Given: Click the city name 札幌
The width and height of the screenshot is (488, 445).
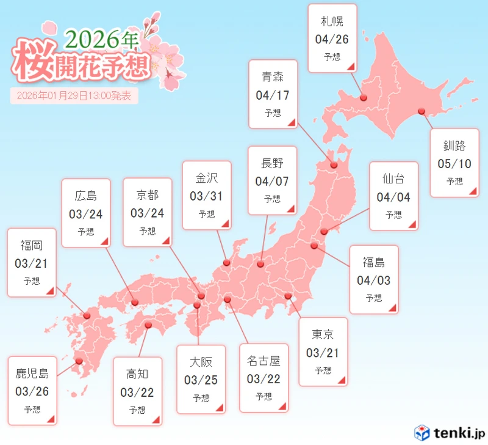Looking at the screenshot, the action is [x=332, y=21].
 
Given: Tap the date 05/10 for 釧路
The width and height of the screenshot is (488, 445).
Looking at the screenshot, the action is [x=454, y=164].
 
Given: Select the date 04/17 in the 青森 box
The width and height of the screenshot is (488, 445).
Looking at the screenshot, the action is [x=273, y=95].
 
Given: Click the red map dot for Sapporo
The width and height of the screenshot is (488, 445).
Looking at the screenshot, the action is [x=363, y=97].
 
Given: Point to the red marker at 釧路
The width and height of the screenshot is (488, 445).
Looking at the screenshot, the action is [x=421, y=111].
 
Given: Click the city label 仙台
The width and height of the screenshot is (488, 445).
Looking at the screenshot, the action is [x=393, y=179].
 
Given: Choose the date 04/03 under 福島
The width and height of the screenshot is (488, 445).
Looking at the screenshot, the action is [x=373, y=281].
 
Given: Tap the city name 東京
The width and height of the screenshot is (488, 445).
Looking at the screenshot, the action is [x=323, y=335].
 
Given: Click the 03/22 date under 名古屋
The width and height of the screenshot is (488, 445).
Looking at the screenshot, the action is [x=264, y=379].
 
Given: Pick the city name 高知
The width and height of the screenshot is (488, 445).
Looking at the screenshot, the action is [x=137, y=373].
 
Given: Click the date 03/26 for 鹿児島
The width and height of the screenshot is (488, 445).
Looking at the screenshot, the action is [x=32, y=391].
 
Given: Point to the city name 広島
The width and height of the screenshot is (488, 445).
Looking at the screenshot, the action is [x=86, y=196].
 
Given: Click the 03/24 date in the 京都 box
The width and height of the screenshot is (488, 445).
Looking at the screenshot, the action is [x=147, y=214].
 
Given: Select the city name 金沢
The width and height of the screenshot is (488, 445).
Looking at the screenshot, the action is [x=207, y=178].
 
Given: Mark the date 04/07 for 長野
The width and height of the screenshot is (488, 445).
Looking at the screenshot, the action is [x=272, y=181].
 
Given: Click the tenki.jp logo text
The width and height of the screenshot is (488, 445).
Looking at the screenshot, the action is [x=456, y=433].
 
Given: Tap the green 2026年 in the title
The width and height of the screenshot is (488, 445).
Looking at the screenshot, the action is [x=101, y=39].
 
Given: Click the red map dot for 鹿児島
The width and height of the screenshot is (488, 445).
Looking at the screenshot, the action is [x=79, y=361].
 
